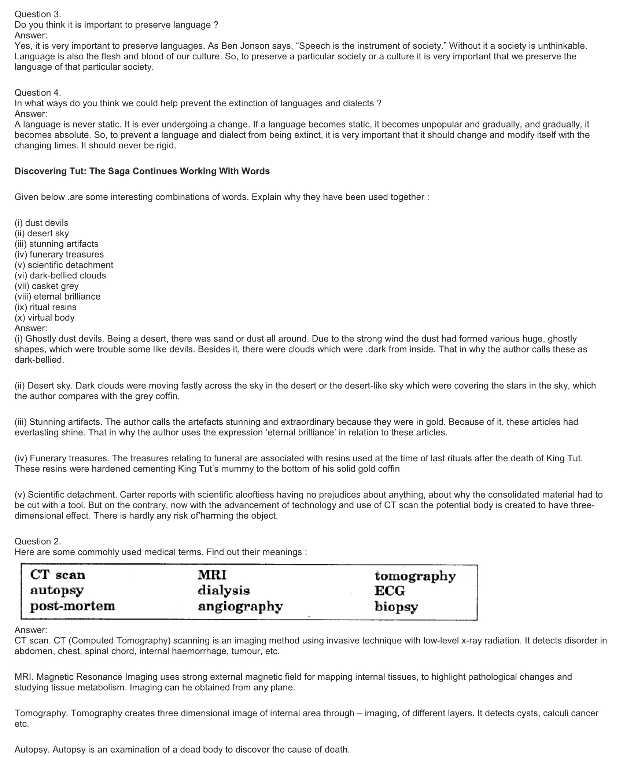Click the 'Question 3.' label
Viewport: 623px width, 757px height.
coord(38,14)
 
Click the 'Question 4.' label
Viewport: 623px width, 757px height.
coord(38,93)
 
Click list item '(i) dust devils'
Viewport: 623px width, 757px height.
coord(41,223)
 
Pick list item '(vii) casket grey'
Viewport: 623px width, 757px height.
coord(47,286)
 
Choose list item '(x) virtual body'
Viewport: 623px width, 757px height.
coord(44,317)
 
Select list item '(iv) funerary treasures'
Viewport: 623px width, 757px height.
coord(59,254)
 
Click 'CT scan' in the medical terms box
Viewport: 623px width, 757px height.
coord(58,575)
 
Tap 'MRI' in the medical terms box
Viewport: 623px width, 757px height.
coord(212,575)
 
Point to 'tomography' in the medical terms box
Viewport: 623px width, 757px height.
coord(415,576)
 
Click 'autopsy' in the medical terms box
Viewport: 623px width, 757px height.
coord(57,591)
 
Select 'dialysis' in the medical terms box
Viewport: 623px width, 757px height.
coord(224,591)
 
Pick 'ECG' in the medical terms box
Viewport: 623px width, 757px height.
coord(390,591)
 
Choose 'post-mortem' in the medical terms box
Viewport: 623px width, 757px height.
coord(73,606)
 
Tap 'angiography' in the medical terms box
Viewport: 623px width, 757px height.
coord(240,607)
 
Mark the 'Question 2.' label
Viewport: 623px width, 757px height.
coord(38,541)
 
